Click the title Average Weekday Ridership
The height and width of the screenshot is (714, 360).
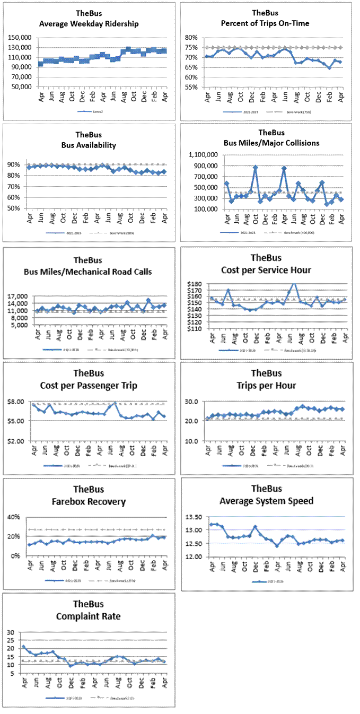pyautogui.click(x=89, y=23)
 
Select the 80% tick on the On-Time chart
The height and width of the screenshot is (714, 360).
pyautogui.click(x=191, y=38)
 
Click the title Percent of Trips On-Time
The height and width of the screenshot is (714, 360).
pyautogui.click(x=265, y=23)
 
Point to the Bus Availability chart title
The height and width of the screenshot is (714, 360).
pyautogui.click(x=89, y=145)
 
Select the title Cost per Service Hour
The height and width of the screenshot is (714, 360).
pyautogui.click(x=266, y=270)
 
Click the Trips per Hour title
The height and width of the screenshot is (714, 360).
pyautogui.click(x=266, y=386)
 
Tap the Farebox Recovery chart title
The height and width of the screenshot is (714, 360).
pyautogui.click(x=89, y=501)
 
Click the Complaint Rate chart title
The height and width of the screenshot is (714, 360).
pyautogui.click(x=89, y=616)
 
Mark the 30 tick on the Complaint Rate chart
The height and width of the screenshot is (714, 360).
pyautogui.click(x=10, y=632)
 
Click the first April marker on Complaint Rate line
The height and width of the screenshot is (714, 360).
pyautogui.click(x=24, y=647)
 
